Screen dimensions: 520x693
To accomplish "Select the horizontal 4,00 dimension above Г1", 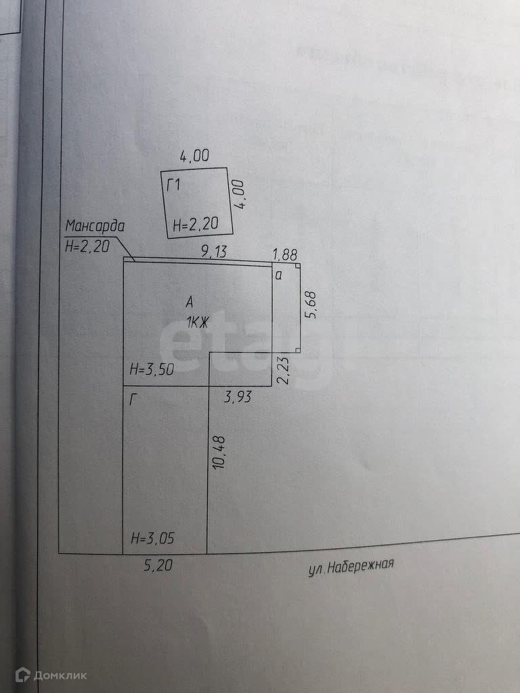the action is click(x=194, y=156).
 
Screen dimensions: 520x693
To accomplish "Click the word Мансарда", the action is click(x=94, y=226).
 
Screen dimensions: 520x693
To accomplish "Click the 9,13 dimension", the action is click(x=214, y=252).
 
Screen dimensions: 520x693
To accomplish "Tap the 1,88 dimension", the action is click(x=284, y=254).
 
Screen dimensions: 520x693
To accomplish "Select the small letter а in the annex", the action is click(x=278, y=275).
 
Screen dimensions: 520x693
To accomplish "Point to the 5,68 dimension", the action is click(x=311, y=305).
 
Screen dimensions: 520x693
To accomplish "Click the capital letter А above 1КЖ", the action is click(x=191, y=302).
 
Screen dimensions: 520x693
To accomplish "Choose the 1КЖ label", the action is click(x=196, y=323).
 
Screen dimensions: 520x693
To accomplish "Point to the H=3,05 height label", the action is click(x=152, y=539).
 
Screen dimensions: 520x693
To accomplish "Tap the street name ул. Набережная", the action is click(x=350, y=566).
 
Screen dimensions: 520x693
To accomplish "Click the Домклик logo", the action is click(x=51, y=675).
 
